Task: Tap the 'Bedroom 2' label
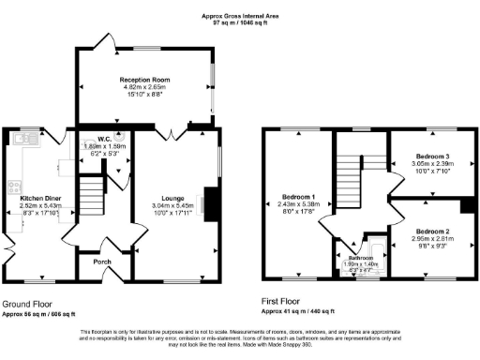point(434,231)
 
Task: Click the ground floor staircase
point(92,198)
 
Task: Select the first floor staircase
point(350,183)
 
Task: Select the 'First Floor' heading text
point(283,305)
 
